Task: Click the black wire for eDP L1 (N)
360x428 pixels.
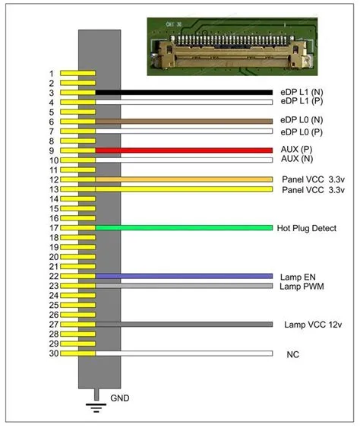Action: pyautogui.click(x=184, y=93)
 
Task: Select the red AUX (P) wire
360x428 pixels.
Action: pyautogui.click(x=184, y=151)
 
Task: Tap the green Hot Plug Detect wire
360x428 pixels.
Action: pyautogui.click(x=184, y=227)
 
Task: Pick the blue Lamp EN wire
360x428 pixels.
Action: pyautogui.click(x=184, y=276)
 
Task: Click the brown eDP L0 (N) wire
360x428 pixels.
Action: pyautogui.click(x=184, y=122)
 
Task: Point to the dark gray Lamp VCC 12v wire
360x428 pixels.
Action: pyautogui.click(x=184, y=325)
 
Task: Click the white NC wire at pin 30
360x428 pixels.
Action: pyautogui.click(x=184, y=353)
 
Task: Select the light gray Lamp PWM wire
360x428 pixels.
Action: pyautogui.click(x=184, y=286)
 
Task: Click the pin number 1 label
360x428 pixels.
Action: pyautogui.click(x=52, y=74)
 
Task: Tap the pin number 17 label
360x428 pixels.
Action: pyautogui.click(x=54, y=228)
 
